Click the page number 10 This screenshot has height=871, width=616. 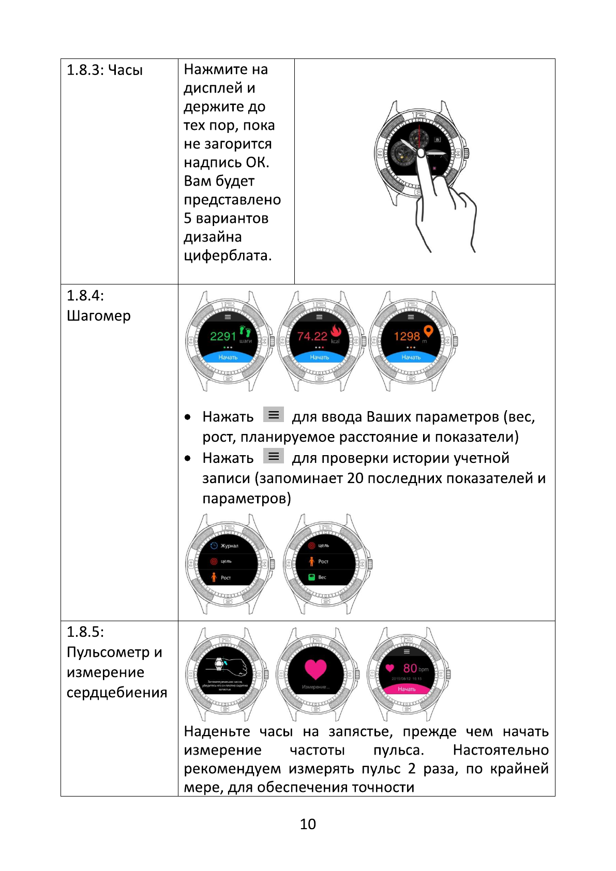pos(308,824)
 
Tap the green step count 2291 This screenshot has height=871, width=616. pos(223,336)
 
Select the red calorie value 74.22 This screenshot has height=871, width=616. pos(312,336)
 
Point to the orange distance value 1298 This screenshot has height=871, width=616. pos(407,336)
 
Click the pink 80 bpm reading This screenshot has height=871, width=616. pos(410,668)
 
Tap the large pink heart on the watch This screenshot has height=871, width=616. pos(315,669)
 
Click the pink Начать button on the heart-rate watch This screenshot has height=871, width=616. pos(407,689)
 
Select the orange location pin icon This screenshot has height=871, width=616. pos(428,331)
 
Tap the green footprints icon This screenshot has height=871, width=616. pos(245,331)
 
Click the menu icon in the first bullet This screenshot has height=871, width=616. pos(274,415)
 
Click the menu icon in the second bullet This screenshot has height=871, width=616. pos(274,456)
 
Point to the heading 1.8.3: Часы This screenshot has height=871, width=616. pos(104,70)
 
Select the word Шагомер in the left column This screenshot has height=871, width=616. pos(98,316)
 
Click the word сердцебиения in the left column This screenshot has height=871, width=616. pos(117,692)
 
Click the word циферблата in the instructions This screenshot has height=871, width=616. pos(227,256)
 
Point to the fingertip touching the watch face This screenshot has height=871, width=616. pos(420,153)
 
